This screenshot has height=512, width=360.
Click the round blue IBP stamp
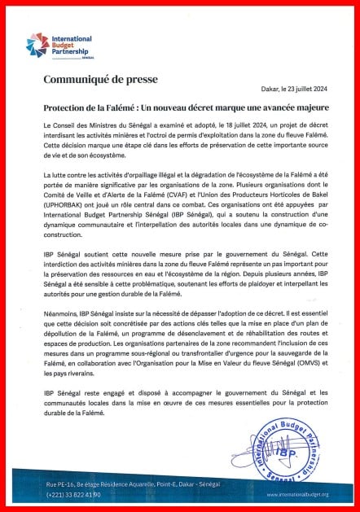point(288,444)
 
